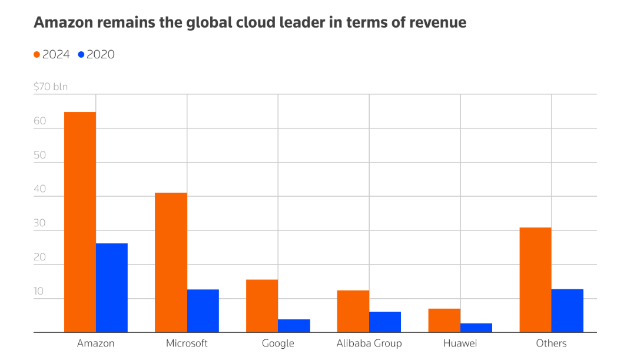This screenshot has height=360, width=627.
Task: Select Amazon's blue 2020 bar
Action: pos(112,288)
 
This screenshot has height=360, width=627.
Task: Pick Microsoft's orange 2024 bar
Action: pos(171,263)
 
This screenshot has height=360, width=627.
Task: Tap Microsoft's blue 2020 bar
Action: pos(203,311)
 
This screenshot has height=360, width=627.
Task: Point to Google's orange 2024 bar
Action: pos(262,306)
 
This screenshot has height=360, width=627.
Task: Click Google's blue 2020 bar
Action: pos(294,326)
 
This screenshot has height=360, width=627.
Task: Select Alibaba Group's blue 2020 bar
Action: pos(385,322)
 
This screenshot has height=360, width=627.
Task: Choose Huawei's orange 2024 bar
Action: pos(444,321)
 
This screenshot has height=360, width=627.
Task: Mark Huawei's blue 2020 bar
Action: pos(476,328)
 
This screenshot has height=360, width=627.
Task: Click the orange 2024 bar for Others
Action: pos(535,280)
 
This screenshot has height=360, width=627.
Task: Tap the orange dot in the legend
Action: pos(37,55)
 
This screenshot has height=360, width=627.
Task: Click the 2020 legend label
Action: pos(101,55)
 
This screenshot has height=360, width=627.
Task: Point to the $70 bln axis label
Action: pos(51,87)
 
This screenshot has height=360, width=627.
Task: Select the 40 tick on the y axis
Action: pos(39,190)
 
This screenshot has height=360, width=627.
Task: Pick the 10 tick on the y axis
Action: pos(39,292)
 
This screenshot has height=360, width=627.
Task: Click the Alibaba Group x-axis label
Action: pos(369,344)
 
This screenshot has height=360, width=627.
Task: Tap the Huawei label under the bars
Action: pos(460,344)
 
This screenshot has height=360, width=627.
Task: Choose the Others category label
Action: pos(551,344)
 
